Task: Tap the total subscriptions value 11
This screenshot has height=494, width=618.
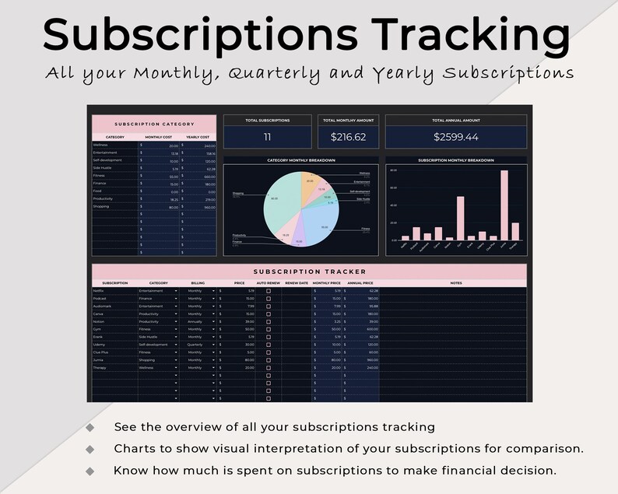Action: pyautogui.click(x=267, y=137)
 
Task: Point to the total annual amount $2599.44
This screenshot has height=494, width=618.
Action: pyautogui.click(x=456, y=137)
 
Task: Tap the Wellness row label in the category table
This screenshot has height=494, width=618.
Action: pyautogui.click(x=101, y=145)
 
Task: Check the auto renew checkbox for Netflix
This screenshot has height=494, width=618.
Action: pyautogui.click(x=269, y=291)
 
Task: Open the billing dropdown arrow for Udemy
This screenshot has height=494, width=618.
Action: pyautogui.click(x=214, y=344)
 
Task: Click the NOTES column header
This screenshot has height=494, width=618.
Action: pyautogui.click(x=456, y=282)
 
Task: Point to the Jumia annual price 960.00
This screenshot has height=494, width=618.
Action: pyautogui.click(x=363, y=360)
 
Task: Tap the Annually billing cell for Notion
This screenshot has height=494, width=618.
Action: pyautogui.click(x=195, y=321)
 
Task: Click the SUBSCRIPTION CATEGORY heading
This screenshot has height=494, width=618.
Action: pyautogui.click(x=153, y=124)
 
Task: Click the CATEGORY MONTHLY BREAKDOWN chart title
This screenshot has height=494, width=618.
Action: pyautogui.click(x=301, y=160)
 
